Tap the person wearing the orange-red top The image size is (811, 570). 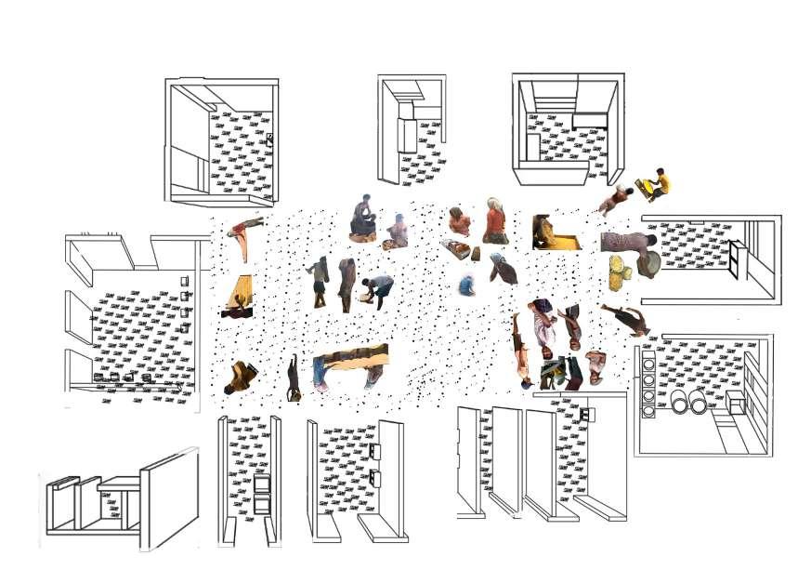[495, 221]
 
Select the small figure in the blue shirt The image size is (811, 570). [466, 285]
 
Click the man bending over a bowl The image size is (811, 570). [377, 289]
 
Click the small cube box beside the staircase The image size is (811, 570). [738, 404]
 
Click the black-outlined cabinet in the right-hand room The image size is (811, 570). [735, 259]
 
